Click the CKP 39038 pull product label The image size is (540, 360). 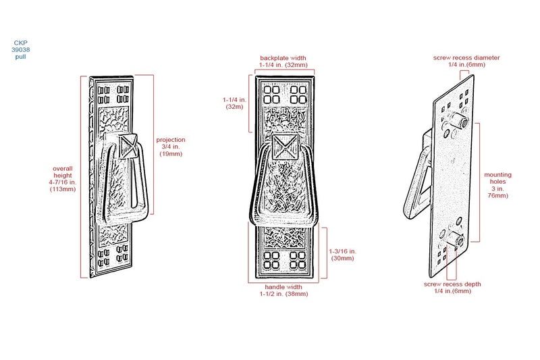tap(21, 49)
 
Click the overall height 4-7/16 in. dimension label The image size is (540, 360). tap(63, 179)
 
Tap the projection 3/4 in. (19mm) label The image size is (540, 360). tap(171, 147)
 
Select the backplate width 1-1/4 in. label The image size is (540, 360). tap(283, 61)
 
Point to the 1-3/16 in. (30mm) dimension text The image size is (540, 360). tap(343, 255)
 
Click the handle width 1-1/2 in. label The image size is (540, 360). tap(283, 290)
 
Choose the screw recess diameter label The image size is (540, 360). tap(466, 61)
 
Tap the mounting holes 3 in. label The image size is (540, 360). tap(498, 185)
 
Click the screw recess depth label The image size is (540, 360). tap(452, 287)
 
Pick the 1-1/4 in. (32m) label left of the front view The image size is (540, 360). tap(234, 103)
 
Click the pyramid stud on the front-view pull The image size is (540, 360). tap(286, 147)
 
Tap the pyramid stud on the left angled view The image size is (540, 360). tap(128, 146)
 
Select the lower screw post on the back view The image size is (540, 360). tap(455, 239)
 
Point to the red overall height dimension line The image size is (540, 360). tap(81, 177)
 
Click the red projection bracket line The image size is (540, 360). tap(153, 145)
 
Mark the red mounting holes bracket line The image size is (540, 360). tap(479, 182)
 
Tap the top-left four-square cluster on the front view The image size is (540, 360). tap(272, 95)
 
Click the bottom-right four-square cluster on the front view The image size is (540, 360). tap(298, 260)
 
